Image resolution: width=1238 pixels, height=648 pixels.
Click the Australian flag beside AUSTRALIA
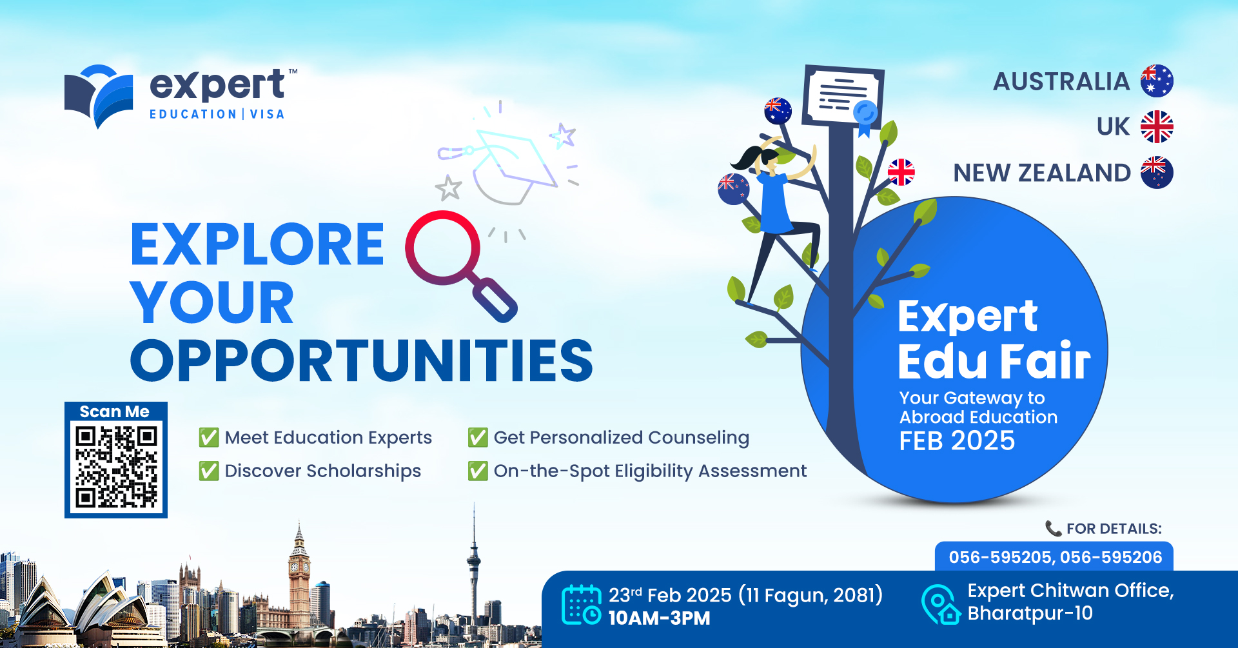pyautogui.click(x=1157, y=81)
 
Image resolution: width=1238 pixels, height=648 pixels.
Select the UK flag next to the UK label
pyautogui.click(x=1157, y=126)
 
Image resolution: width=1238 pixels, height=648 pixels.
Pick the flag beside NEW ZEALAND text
pyautogui.click(x=1157, y=172)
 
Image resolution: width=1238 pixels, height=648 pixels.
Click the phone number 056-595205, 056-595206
pyautogui.click(x=1055, y=557)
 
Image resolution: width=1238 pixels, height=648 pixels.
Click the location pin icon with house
pyautogui.click(x=940, y=604)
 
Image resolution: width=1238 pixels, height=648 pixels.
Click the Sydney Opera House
pyautogui.click(x=84, y=606)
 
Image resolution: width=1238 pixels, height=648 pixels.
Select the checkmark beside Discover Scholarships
pyautogui.click(x=208, y=471)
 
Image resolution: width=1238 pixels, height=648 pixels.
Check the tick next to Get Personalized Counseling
pyautogui.click(x=477, y=437)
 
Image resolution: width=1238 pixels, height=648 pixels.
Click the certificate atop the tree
pyautogui.click(x=842, y=97)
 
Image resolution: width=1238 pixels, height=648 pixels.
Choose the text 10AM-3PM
pyautogui.click(x=659, y=618)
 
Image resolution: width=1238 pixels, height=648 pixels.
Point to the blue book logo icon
pyautogui.click(x=99, y=95)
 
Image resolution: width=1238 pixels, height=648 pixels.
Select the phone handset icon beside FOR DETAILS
pyautogui.click(x=1053, y=529)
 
